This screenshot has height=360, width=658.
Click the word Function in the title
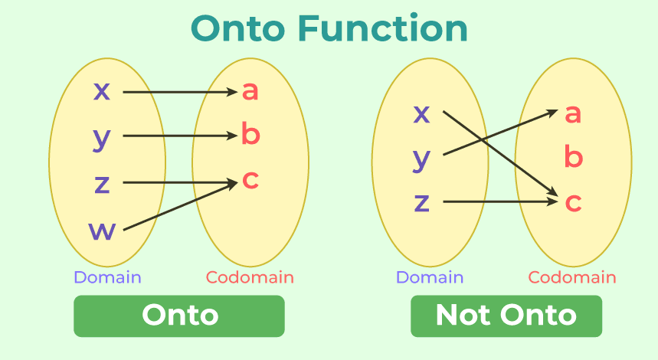(382, 29)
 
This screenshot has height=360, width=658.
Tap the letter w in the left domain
(102, 230)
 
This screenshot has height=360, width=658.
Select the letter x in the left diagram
(102, 91)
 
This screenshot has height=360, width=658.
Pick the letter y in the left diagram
(102, 138)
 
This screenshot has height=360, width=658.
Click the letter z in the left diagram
(102, 184)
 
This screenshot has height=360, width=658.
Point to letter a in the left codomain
(250, 91)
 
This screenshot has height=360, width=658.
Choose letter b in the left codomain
(250, 135)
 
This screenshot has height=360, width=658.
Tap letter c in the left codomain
(250, 180)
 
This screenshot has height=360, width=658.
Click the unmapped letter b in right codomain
(574, 158)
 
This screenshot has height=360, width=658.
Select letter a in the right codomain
(573, 114)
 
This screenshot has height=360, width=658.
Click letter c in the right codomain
(573, 203)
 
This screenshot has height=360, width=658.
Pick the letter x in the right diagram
(422, 114)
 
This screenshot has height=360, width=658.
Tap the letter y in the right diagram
(422, 159)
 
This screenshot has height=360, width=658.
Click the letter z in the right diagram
(422, 203)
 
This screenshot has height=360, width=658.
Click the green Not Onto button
(506, 316)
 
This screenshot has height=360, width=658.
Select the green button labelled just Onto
(179, 316)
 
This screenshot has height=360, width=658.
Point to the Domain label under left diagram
(107, 277)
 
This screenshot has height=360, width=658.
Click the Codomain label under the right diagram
(572, 277)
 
